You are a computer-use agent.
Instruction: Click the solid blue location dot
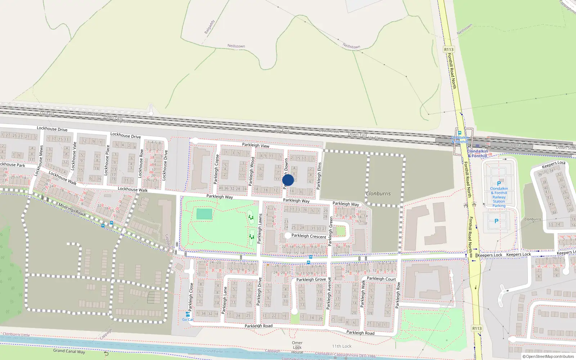click(288, 180)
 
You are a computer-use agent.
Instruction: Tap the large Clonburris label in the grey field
click(378, 194)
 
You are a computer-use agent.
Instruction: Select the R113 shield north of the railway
click(449, 50)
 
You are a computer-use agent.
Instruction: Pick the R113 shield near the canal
click(477, 328)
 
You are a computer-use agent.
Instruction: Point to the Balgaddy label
click(209, 27)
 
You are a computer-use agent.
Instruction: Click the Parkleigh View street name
click(256, 145)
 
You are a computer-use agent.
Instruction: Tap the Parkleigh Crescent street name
click(309, 236)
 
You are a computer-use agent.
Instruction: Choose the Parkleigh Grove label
click(311, 279)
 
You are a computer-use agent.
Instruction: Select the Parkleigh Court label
click(381, 279)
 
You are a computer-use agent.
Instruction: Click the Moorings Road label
click(71, 210)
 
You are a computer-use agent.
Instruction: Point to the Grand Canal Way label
click(69, 351)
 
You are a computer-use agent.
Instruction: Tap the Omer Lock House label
click(297, 347)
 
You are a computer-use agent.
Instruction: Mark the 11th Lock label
click(342, 346)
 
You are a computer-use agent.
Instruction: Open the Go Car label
click(188, 319)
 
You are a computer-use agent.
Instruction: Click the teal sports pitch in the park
click(204, 214)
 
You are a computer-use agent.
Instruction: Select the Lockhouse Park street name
click(12, 165)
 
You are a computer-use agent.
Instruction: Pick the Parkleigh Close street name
click(191, 297)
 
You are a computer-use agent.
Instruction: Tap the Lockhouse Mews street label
click(39, 161)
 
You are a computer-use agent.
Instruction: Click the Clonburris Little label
click(16, 335)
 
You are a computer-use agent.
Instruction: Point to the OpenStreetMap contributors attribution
click(548, 356)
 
